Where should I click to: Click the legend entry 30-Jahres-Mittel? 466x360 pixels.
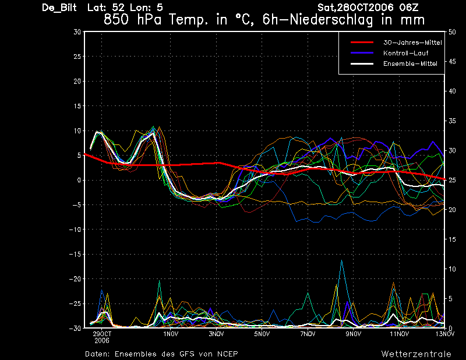point(412,43)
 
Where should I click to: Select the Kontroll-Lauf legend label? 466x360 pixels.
point(405,53)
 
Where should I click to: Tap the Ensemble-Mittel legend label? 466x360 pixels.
point(410,63)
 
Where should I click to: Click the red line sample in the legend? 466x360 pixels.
point(362,43)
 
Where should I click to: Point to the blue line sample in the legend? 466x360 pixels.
point(362,53)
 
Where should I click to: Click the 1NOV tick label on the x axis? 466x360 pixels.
point(171,334)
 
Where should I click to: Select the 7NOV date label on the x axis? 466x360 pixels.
point(308,334)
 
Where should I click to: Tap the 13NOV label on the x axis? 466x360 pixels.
point(445,334)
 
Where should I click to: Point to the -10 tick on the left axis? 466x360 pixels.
point(75,230)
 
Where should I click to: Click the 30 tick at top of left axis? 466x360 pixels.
point(77,32)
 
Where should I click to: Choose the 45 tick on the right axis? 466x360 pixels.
point(452,62)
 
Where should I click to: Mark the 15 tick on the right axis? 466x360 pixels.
point(452,239)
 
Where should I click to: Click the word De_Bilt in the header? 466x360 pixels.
point(59,8)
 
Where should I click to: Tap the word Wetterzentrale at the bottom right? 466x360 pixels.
point(416,354)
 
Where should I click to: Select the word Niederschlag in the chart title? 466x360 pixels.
point(331,20)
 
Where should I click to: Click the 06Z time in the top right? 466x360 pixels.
point(409,8)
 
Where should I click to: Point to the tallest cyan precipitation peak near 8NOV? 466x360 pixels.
point(342,260)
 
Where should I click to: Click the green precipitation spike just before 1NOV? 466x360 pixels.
point(159,281)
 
